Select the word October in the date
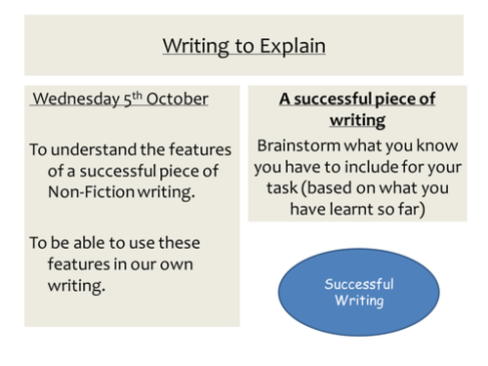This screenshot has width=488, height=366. pyautogui.click(x=178, y=99)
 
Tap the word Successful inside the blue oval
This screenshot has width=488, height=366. pyautogui.click(x=359, y=284)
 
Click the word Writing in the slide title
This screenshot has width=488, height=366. pyautogui.click(x=191, y=46)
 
